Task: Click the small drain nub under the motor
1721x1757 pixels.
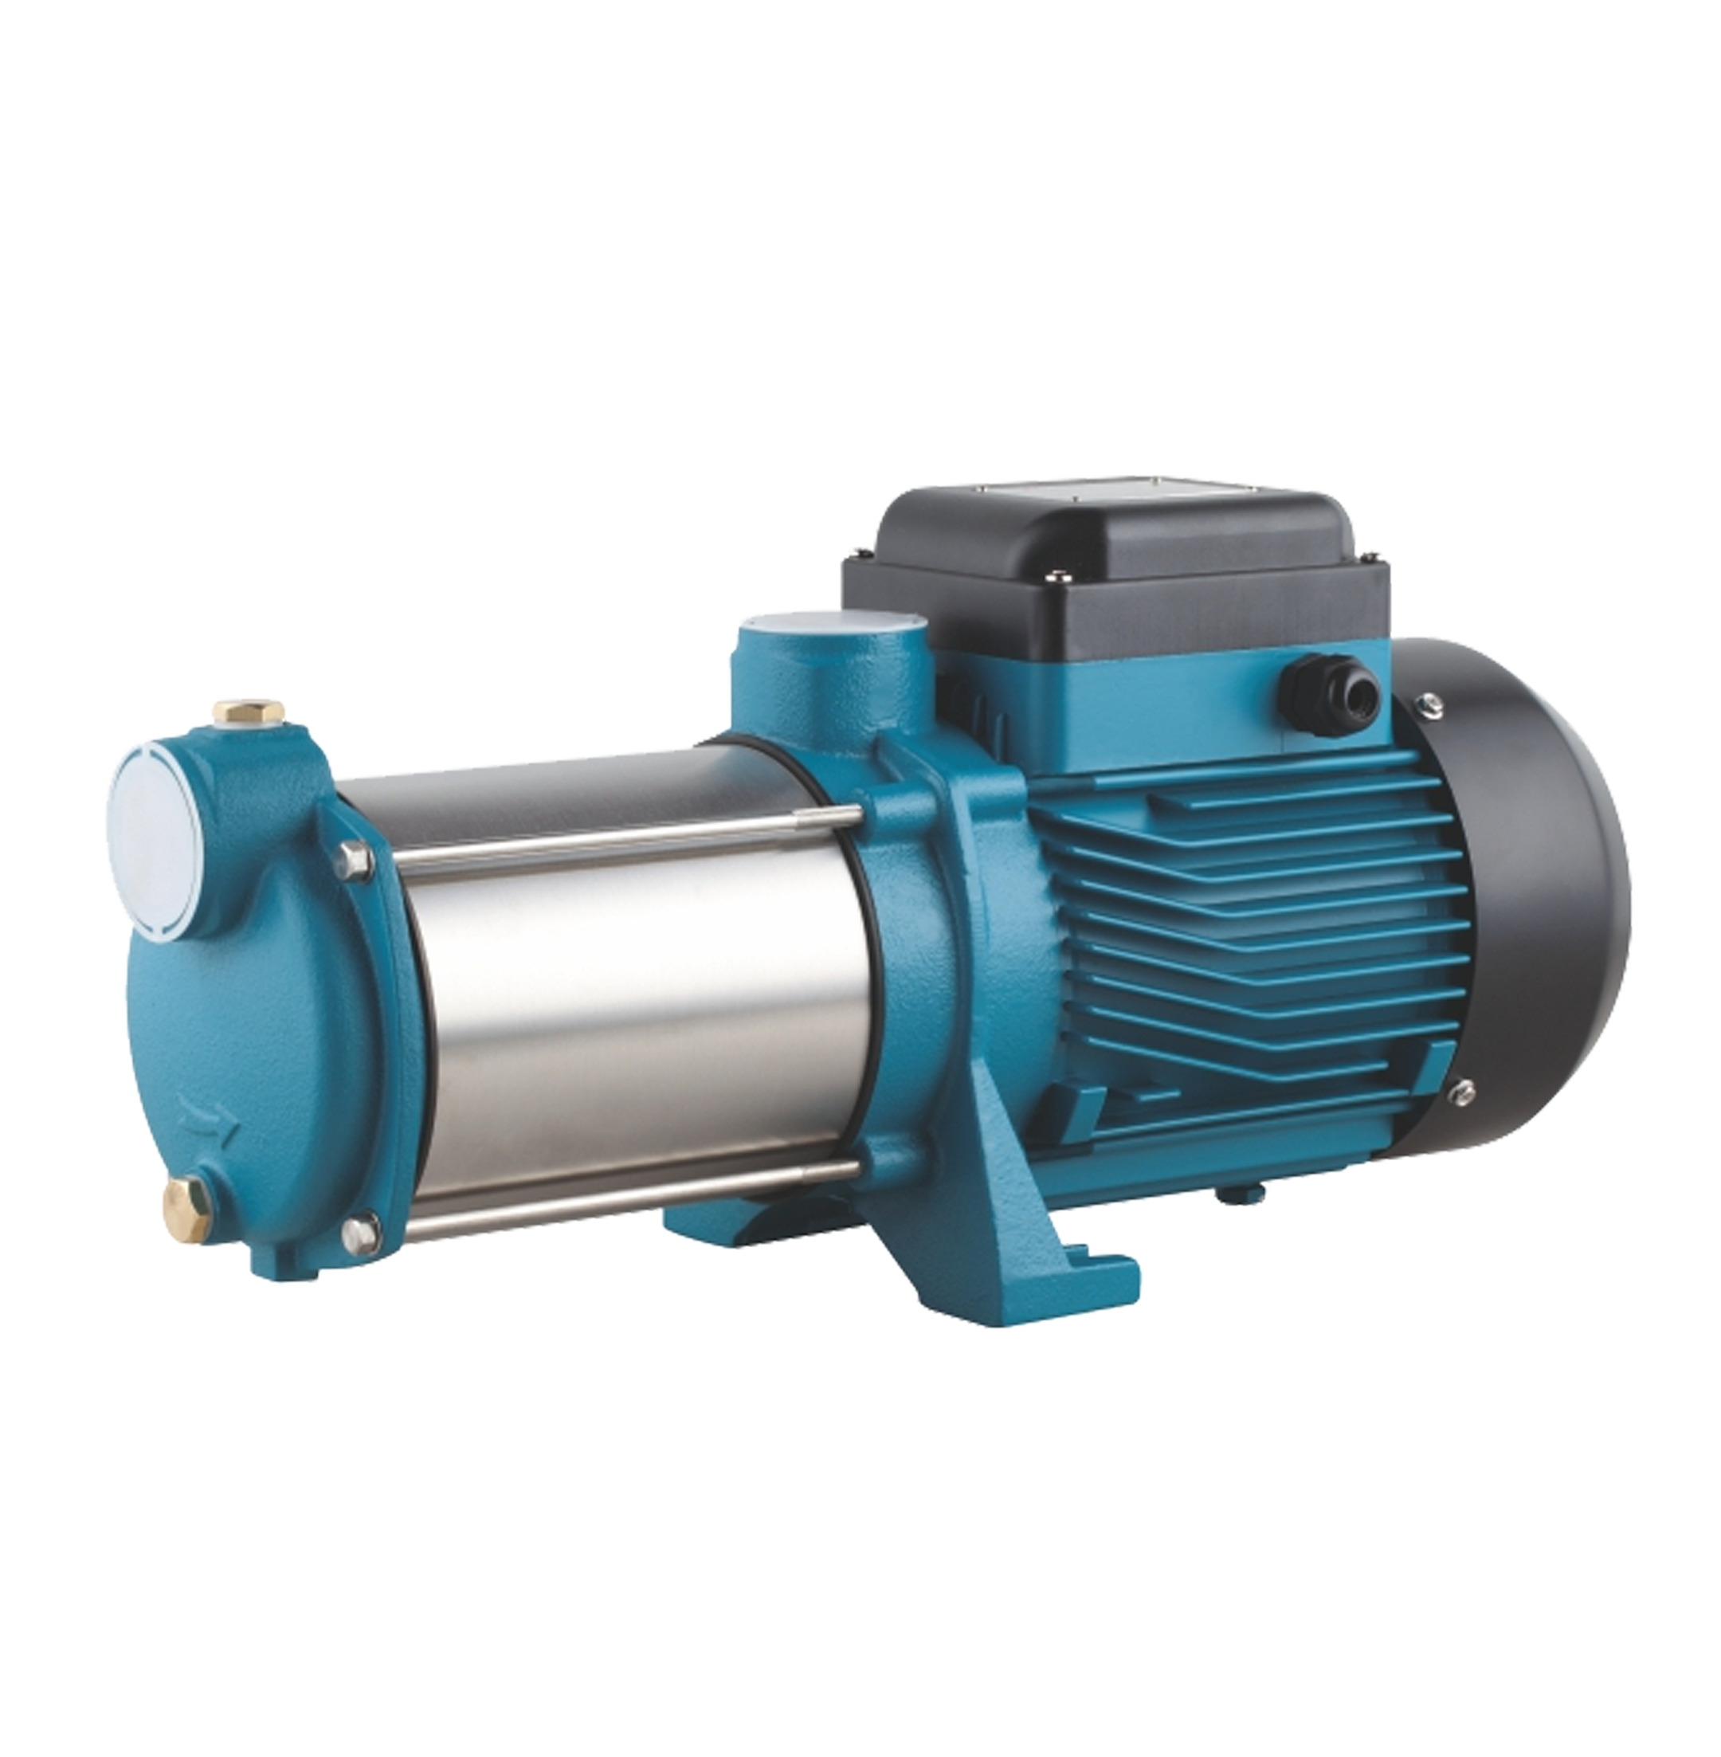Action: [1226, 1193]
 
